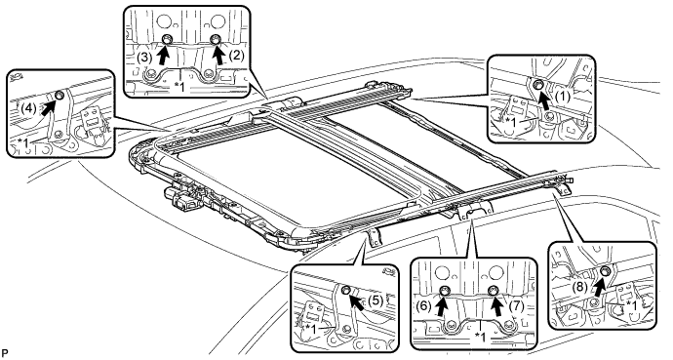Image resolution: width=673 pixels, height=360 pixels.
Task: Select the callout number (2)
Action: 236,57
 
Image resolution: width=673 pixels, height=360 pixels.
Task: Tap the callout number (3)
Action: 144,58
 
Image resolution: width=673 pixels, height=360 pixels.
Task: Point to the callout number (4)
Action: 28,108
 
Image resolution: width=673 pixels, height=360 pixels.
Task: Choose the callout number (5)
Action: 376,300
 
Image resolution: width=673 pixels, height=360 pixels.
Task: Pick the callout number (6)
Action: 423,306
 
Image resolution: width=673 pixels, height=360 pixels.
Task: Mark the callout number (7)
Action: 516,306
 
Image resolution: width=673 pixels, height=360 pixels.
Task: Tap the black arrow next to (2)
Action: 219,53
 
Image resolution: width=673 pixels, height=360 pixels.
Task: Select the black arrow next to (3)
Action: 163,54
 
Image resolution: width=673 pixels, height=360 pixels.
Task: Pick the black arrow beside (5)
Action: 356,300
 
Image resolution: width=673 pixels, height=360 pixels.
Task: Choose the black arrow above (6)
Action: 442,304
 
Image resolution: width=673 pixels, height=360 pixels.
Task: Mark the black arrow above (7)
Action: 497,304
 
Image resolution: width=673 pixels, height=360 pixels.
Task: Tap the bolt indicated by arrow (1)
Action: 537,85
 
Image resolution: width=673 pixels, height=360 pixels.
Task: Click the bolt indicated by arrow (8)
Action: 606,270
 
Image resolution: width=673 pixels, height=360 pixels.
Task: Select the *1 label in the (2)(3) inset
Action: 179,87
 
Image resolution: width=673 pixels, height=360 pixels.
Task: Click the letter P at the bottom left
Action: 4,353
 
